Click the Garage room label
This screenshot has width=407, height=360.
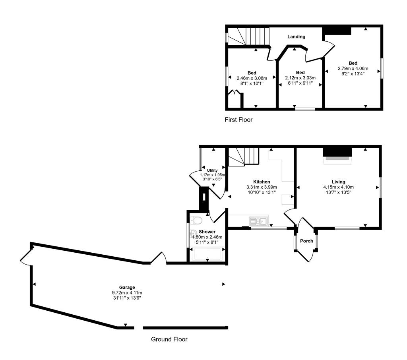point(127,287)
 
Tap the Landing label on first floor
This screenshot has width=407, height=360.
point(297,37)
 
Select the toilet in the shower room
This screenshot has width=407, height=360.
point(196,220)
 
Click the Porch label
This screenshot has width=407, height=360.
point(306,241)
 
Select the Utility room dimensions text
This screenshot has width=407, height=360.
point(213,177)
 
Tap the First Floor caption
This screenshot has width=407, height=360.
point(238,119)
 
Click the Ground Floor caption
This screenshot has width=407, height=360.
point(169,339)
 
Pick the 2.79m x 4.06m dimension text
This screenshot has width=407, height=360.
point(353,68)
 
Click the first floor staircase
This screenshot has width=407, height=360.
point(248,37)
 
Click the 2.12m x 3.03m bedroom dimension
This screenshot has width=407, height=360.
point(300,78)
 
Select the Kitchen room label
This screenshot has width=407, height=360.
point(262,182)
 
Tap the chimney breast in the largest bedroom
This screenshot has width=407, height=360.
point(336,31)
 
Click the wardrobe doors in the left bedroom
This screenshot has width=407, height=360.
point(236,94)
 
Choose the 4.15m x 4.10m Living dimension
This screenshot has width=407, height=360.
point(339,187)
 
